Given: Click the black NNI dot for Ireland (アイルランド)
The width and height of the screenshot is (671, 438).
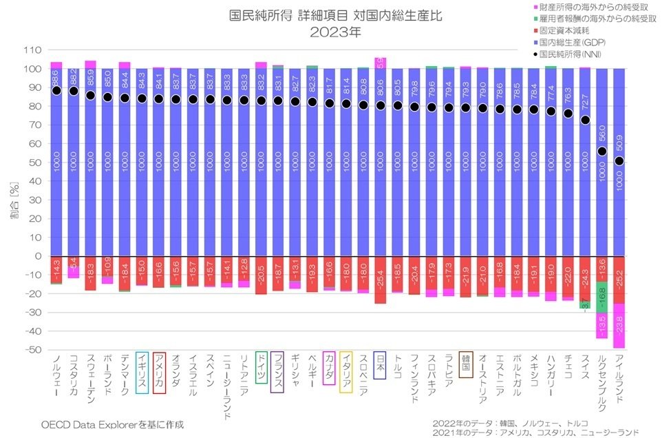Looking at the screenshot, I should (619, 161).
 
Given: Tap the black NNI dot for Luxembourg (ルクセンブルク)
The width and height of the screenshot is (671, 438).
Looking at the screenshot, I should (601, 152).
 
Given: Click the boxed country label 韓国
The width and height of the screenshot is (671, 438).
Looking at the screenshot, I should (465, 365).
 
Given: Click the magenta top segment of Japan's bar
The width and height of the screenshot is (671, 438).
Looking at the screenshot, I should (380, 63).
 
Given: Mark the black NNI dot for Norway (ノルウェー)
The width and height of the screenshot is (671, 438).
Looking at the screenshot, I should (56, 90).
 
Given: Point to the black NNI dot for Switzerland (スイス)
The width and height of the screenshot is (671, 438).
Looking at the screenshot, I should (585, 120).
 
